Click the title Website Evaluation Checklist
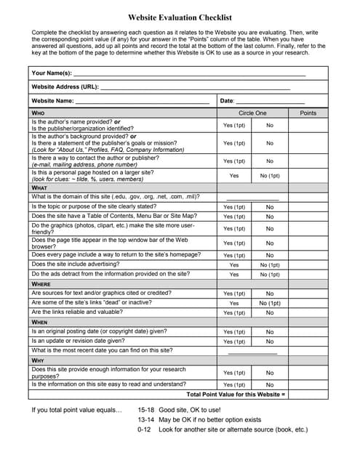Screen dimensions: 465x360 pyautogui.click(x=180, y=15)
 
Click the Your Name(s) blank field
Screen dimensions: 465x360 pyautogui.click(x=189, y=73)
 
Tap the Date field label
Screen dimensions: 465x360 pyautogui.click(x=227, y=100)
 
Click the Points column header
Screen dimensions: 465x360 pyautogui.click(x=308, y=113)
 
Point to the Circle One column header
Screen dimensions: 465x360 pyautogui.click(x=252, y=113)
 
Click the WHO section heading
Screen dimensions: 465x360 pyautogui.click(x=39, y=113)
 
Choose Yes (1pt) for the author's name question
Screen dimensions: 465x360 pyautogui.click(x=234, y=126)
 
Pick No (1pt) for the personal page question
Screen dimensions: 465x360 pyautogui.click(x=270, y=176)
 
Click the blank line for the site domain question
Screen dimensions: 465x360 pyautogui.click(x=252, y=197)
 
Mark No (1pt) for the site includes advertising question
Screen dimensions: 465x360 pyautogui.click(x=270, y=264)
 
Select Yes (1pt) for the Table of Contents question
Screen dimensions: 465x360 pyautogui.click(x=234, y=217)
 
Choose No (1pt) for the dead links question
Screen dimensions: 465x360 pyautogui.click(x=270, y=303)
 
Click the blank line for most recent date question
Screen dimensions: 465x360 pyautogui.click(x=252, y=351)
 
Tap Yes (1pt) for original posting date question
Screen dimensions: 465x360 pyautogui.click(x=234, y=331)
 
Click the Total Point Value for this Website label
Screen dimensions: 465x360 pyautogui.click(x=236, y=394)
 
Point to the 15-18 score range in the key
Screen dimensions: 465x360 pyautogui.click(x=148, y=410)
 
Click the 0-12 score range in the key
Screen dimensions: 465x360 pyautogui.click(x=145, y=429)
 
